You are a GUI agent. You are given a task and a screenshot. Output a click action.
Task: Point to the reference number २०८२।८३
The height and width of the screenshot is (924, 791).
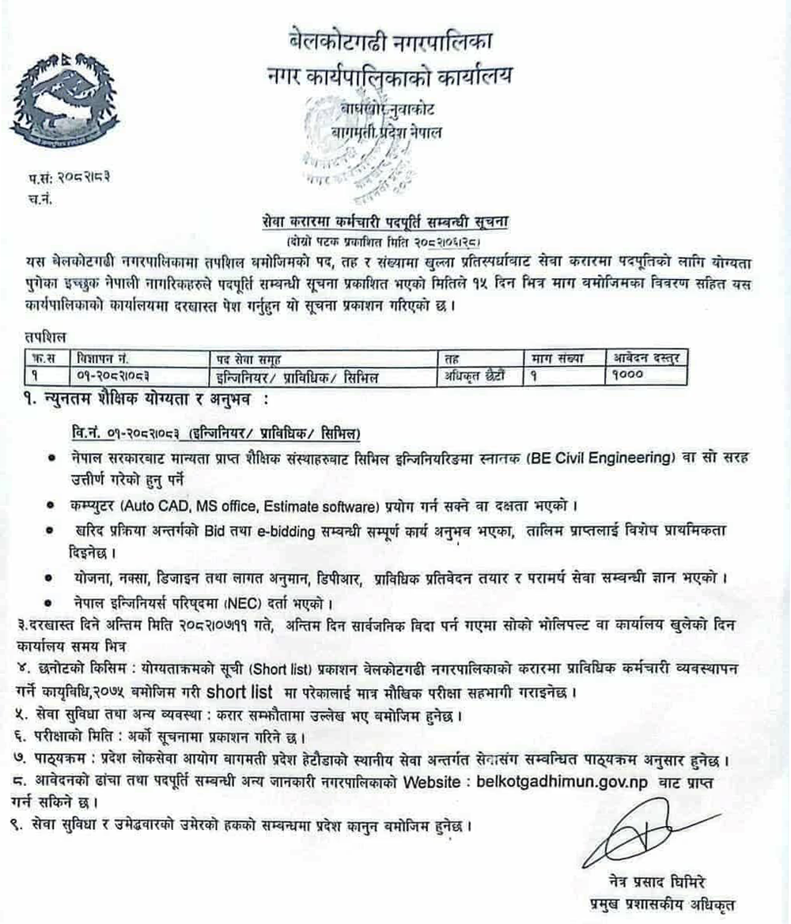(77, 182)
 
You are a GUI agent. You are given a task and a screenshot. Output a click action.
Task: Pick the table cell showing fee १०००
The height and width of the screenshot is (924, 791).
(630, 375)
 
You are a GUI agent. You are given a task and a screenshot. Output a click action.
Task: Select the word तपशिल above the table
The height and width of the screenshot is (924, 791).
(44, 338)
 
